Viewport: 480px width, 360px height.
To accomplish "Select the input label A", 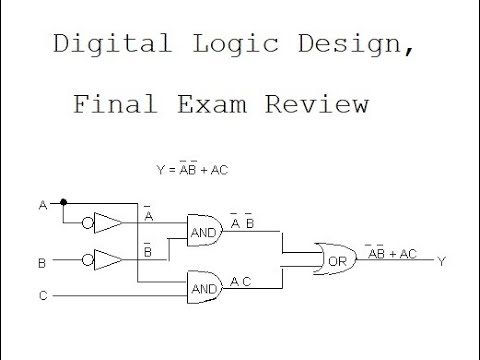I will click(x=42, y=205).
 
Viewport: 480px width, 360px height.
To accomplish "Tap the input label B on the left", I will click(x=42, y=263).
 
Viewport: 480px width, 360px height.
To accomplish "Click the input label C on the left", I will click(x=42, y=296).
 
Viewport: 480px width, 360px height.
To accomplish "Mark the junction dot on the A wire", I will click(x=63, y=201).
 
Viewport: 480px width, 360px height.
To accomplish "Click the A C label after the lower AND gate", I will click(x=241, y=281).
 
